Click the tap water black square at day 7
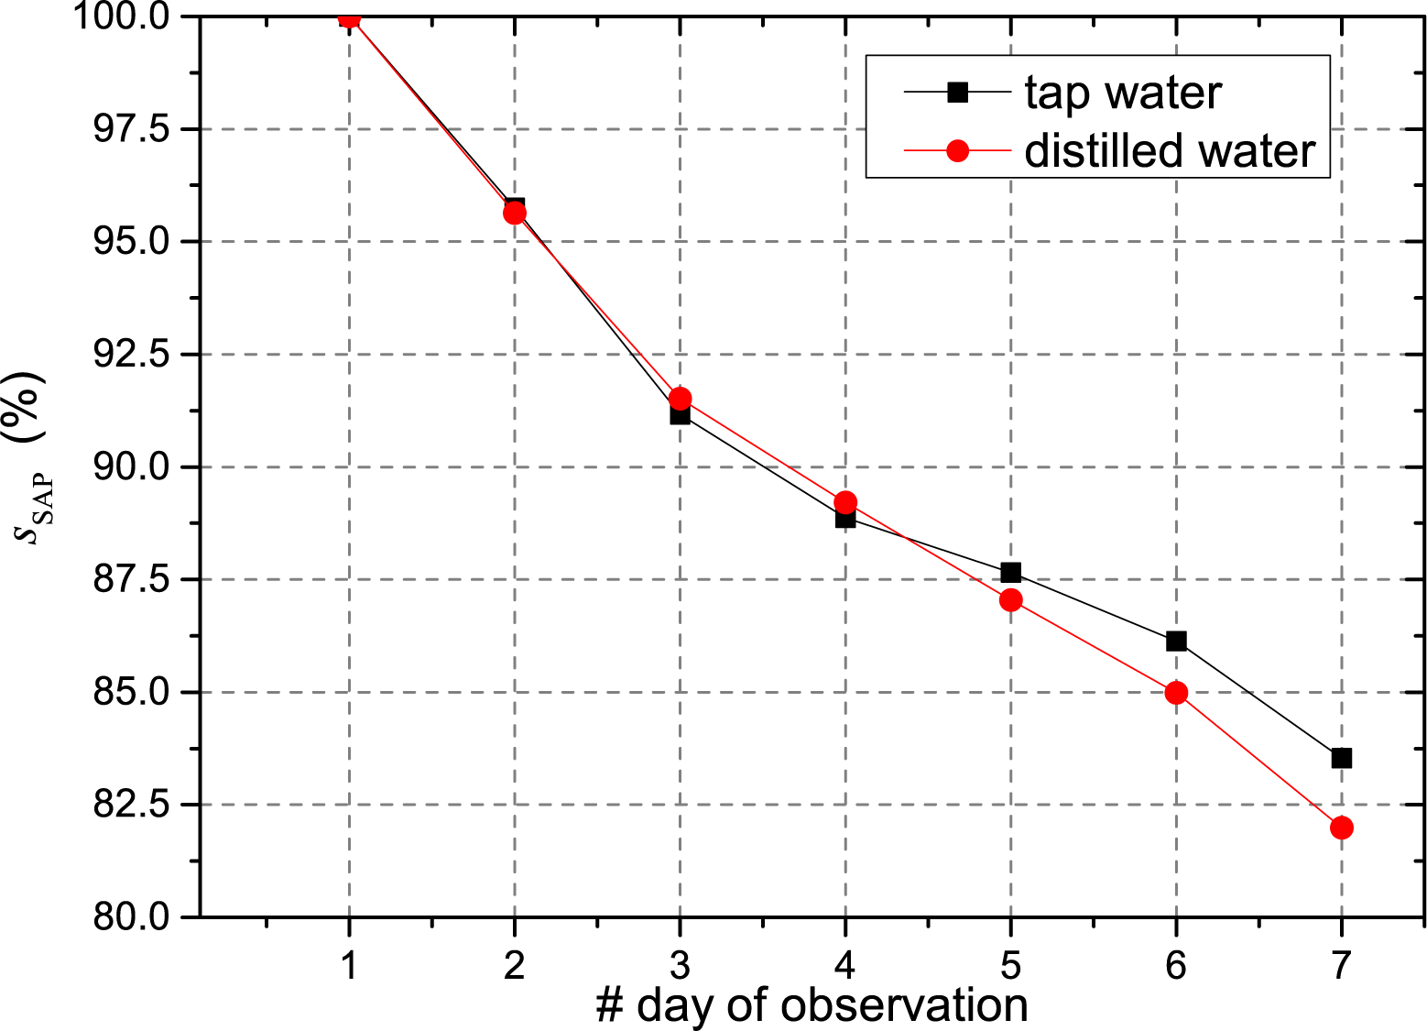(x=1341, y=758)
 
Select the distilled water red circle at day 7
(x=1341, y=828)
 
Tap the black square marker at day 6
(x=1176, y=641)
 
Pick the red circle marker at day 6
(x=1176, y=693)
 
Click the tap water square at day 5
(x=1010, y=573)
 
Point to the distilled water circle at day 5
(x=1010, y=600)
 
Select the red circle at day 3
(x=680, y=399)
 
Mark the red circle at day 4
(x=845, y=502)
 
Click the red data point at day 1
(x=349, y=17)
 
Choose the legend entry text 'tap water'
(x=1123, y=93)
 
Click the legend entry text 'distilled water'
(x=1170, y=151)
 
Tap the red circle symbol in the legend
(x=957, y=150)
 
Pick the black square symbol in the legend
(x=957, y=92)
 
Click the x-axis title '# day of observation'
(x=812, y=1005)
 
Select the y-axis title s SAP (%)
(x=32, y=458)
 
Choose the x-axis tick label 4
(x=845, y=963)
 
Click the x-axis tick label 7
(x=1341, y=963)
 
